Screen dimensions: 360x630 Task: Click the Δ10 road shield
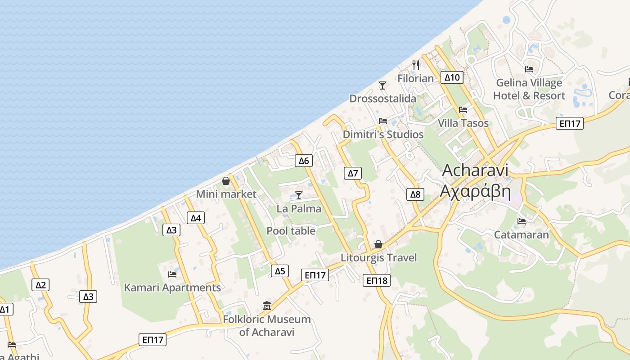coord(452,77)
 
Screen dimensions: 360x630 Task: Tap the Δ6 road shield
coord(304,161)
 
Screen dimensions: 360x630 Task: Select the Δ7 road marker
coord(353,173)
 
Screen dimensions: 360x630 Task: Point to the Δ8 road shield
coord(415,194)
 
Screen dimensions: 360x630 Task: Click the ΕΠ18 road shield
coord(377,281)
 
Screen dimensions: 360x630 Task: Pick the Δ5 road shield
coord(280,271)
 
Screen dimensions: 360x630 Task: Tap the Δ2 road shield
coord(40,285)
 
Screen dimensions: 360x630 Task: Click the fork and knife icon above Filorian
coord(416,65)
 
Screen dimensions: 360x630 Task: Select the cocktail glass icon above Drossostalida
coord(382,85)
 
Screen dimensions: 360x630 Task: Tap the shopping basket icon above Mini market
coord(226,181)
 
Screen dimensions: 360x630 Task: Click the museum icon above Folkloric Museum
coord(267,306)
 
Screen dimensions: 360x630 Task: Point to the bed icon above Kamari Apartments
coord(172,274)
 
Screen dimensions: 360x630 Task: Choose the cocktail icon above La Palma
coord(298,195)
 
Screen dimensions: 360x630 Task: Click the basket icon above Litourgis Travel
coord(378,244)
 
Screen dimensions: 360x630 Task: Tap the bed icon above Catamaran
coord(522,221)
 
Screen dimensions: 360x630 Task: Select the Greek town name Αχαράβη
coord(475,191)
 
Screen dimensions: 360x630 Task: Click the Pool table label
coord(291,231)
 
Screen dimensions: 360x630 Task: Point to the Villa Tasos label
coord(463,123)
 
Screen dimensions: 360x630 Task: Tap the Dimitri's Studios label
coord(383,135)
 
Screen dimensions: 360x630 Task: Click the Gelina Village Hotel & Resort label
coord(529,89)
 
